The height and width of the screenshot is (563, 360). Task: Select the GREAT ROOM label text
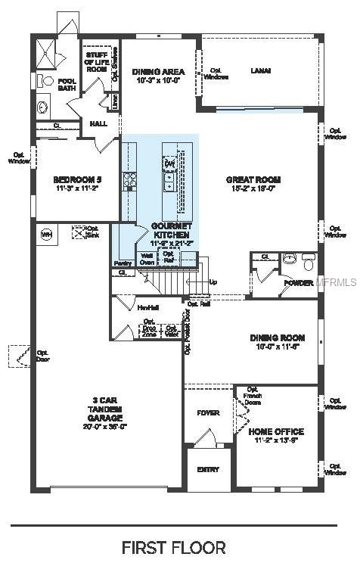pos(253,180)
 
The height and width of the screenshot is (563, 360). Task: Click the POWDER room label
pos(298,283)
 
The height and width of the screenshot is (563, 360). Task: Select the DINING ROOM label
pos(277,337)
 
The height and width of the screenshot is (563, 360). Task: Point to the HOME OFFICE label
pos(276,431)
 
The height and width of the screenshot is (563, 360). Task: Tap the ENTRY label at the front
pos(208,470)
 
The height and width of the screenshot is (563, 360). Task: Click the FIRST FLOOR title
pos(173,546)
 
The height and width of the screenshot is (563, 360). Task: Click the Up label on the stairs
pos(213,282)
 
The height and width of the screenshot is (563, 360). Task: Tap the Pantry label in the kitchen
pos(123,263)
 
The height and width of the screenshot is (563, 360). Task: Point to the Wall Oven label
pos(147,259)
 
